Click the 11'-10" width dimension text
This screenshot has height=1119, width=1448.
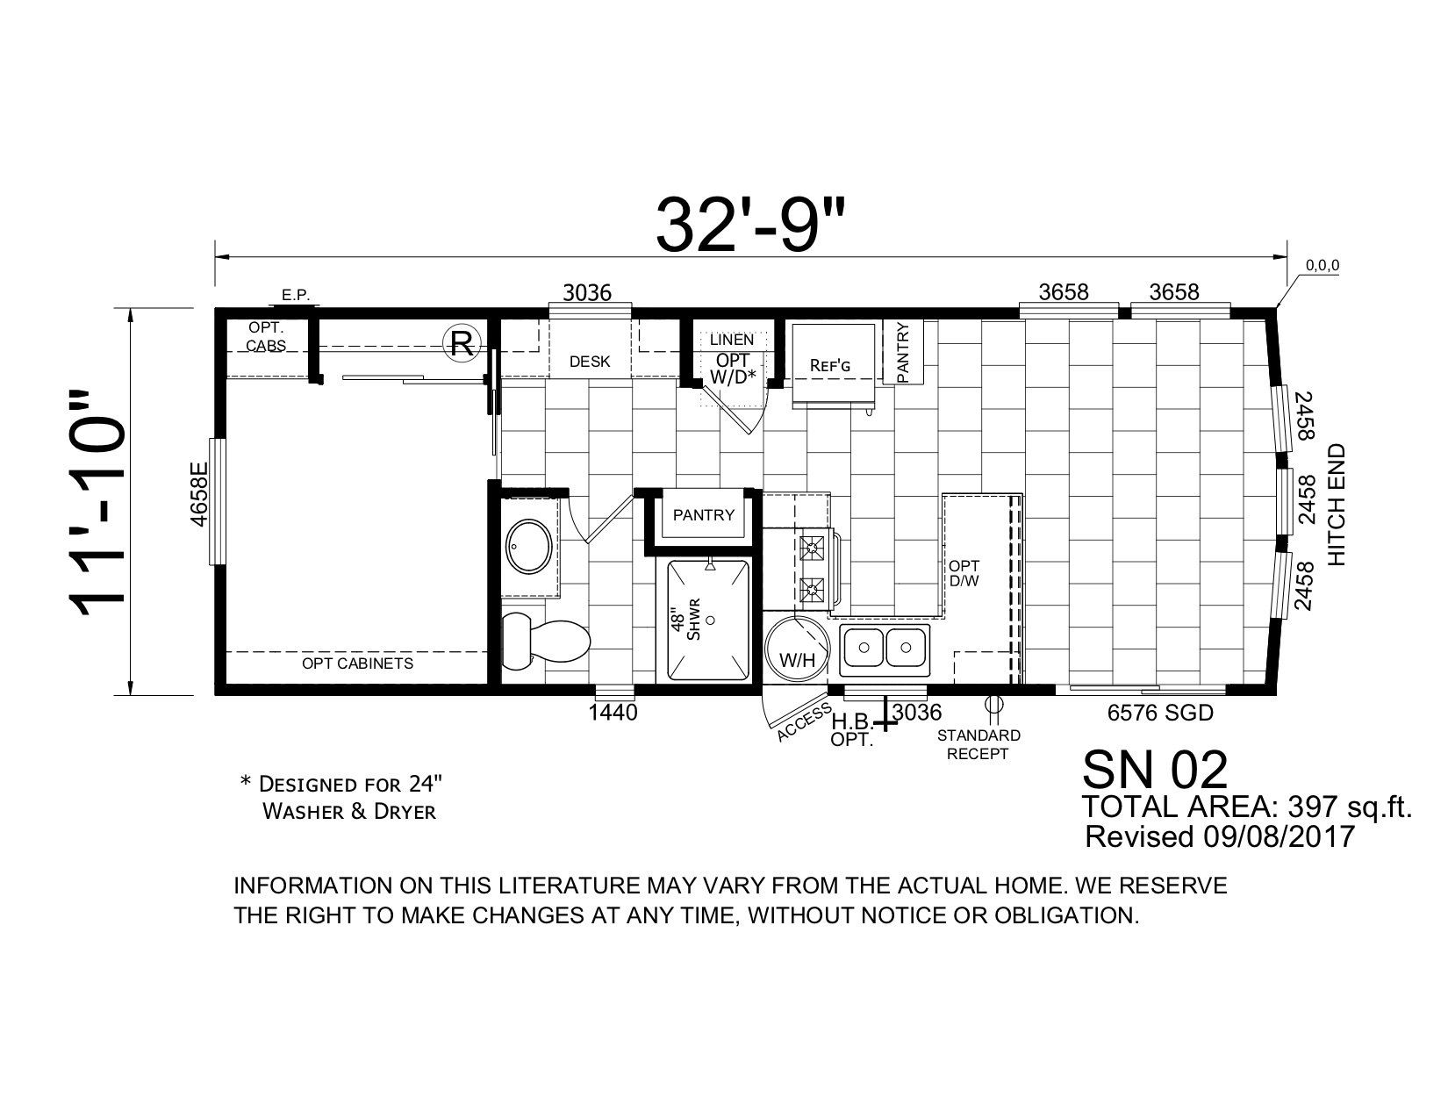point(98,500)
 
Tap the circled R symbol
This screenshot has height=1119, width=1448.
point(460,343)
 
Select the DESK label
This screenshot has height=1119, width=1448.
point(590,362)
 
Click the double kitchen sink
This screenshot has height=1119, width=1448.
point(883,649)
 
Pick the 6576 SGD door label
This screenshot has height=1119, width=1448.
point(1160,714)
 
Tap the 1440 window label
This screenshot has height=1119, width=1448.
point(612,714)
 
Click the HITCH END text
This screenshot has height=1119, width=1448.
point(1337,505)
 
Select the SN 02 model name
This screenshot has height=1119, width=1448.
point(1155,770)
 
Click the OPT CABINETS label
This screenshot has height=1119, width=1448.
point(357,663)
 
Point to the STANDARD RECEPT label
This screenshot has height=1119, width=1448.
point(978,744)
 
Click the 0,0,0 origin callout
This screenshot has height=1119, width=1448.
point(1322,264)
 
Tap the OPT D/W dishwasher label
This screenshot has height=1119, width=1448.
point(959,574)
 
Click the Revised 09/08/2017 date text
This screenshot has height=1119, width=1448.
point(1221,836)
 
